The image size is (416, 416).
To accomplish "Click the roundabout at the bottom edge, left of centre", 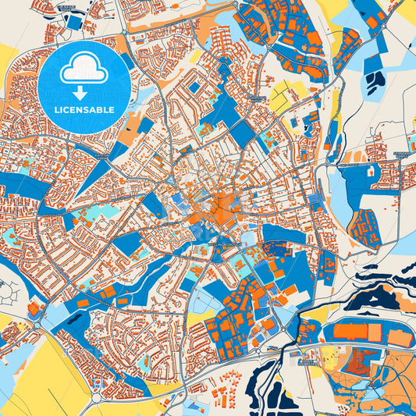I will tap(96, 399).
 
